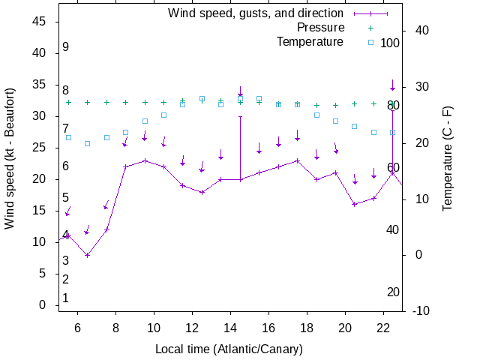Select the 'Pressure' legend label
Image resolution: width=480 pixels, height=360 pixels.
(320, 28)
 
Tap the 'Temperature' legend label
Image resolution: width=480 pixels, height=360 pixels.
(310, 42)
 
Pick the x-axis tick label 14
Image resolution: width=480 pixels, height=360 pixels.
(231, 328)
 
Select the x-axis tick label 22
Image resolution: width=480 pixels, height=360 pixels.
(383, 328)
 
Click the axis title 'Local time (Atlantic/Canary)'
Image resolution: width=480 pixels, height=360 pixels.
(228, 349)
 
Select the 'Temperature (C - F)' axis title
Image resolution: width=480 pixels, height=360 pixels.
(448, 159)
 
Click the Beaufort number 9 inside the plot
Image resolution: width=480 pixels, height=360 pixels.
(66, 47)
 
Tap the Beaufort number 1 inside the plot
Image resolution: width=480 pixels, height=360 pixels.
(66, 298)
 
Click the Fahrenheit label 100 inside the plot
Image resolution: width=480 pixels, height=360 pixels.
(390, 43)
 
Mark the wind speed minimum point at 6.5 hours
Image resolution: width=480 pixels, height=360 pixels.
(88, 255)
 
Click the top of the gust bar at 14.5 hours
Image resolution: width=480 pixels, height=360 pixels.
(241, 116)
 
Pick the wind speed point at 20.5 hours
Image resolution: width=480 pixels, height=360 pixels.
(355, 204)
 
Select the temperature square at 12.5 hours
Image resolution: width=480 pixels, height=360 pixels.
(202, 98)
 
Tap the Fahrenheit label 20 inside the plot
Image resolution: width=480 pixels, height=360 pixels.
(393, 292)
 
